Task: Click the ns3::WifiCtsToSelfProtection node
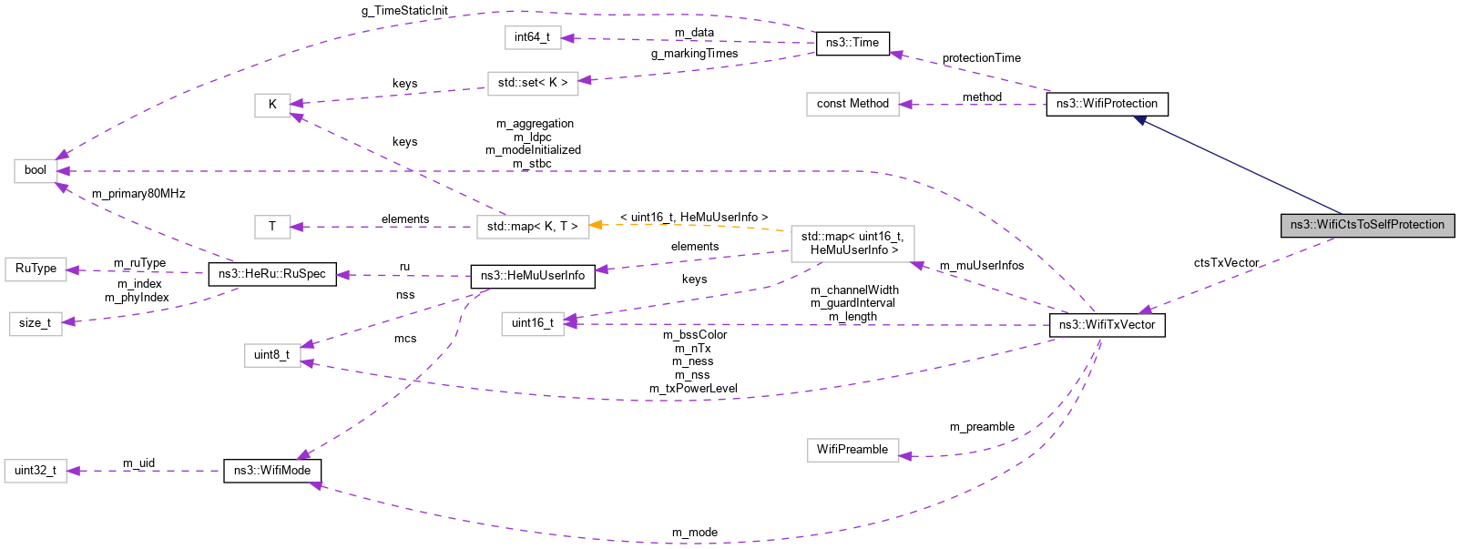pos(1367,225)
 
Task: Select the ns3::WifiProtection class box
pos(1107,104)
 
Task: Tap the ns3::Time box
pos(852,43)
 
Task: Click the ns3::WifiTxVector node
pos(1107,325)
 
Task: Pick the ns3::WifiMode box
pos(271,471)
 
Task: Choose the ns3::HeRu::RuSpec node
pos(271,274)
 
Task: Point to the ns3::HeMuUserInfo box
pos(532,276)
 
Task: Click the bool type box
pos(36,170)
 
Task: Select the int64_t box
pos(532,37)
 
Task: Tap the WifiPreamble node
pos(852,450)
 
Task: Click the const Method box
pos(852,104)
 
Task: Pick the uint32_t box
pos(36,471)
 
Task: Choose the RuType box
pos(36,269)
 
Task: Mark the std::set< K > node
pos(532,83)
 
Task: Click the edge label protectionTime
pos(981,58)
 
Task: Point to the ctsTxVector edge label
pos(1226,263)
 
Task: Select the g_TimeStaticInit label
pos(404,11)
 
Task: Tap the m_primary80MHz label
pos(138,194)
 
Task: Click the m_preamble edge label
pos(981,427)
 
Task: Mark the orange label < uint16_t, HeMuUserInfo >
pos(693,218)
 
